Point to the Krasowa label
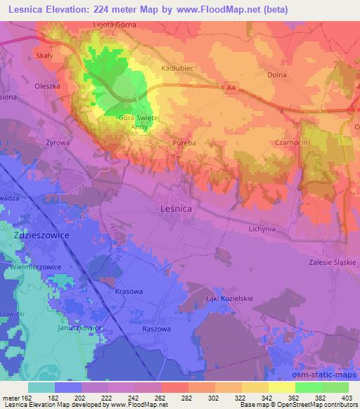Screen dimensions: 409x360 click(129, 291)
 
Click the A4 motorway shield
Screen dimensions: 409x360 click(232, 88)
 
